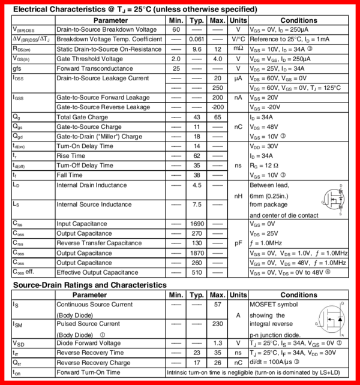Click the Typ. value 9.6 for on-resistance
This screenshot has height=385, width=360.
197,49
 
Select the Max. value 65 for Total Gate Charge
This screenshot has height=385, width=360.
217,117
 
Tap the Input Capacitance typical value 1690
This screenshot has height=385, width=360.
197,224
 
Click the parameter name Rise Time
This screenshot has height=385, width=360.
71,155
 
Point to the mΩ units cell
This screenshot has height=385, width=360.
238,49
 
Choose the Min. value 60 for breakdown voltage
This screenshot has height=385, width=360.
176,29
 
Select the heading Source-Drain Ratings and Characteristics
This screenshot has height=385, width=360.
90,285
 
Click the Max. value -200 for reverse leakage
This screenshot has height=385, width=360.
217,107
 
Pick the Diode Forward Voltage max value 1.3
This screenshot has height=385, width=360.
217,343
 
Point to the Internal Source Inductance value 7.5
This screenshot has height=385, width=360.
197,204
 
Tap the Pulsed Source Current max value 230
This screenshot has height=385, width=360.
217,324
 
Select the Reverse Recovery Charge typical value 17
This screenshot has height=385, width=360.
197,362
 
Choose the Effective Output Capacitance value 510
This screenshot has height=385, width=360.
197,272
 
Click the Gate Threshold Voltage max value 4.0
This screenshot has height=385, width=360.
217,59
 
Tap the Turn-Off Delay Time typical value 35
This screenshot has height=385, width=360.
197,165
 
